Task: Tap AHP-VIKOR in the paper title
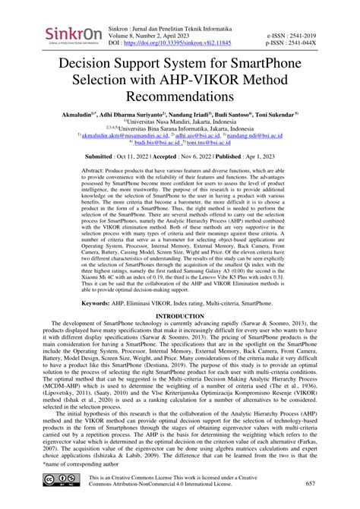click(188, 83)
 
